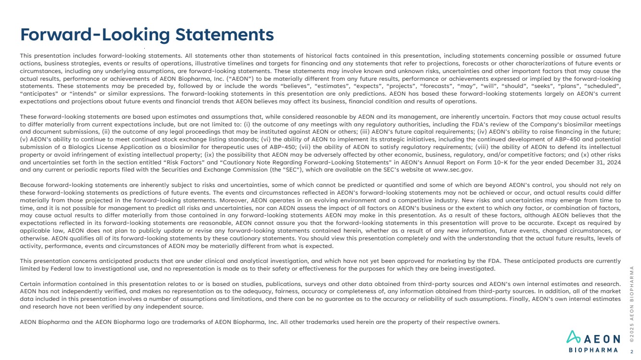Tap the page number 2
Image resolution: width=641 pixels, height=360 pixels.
(631, 351)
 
